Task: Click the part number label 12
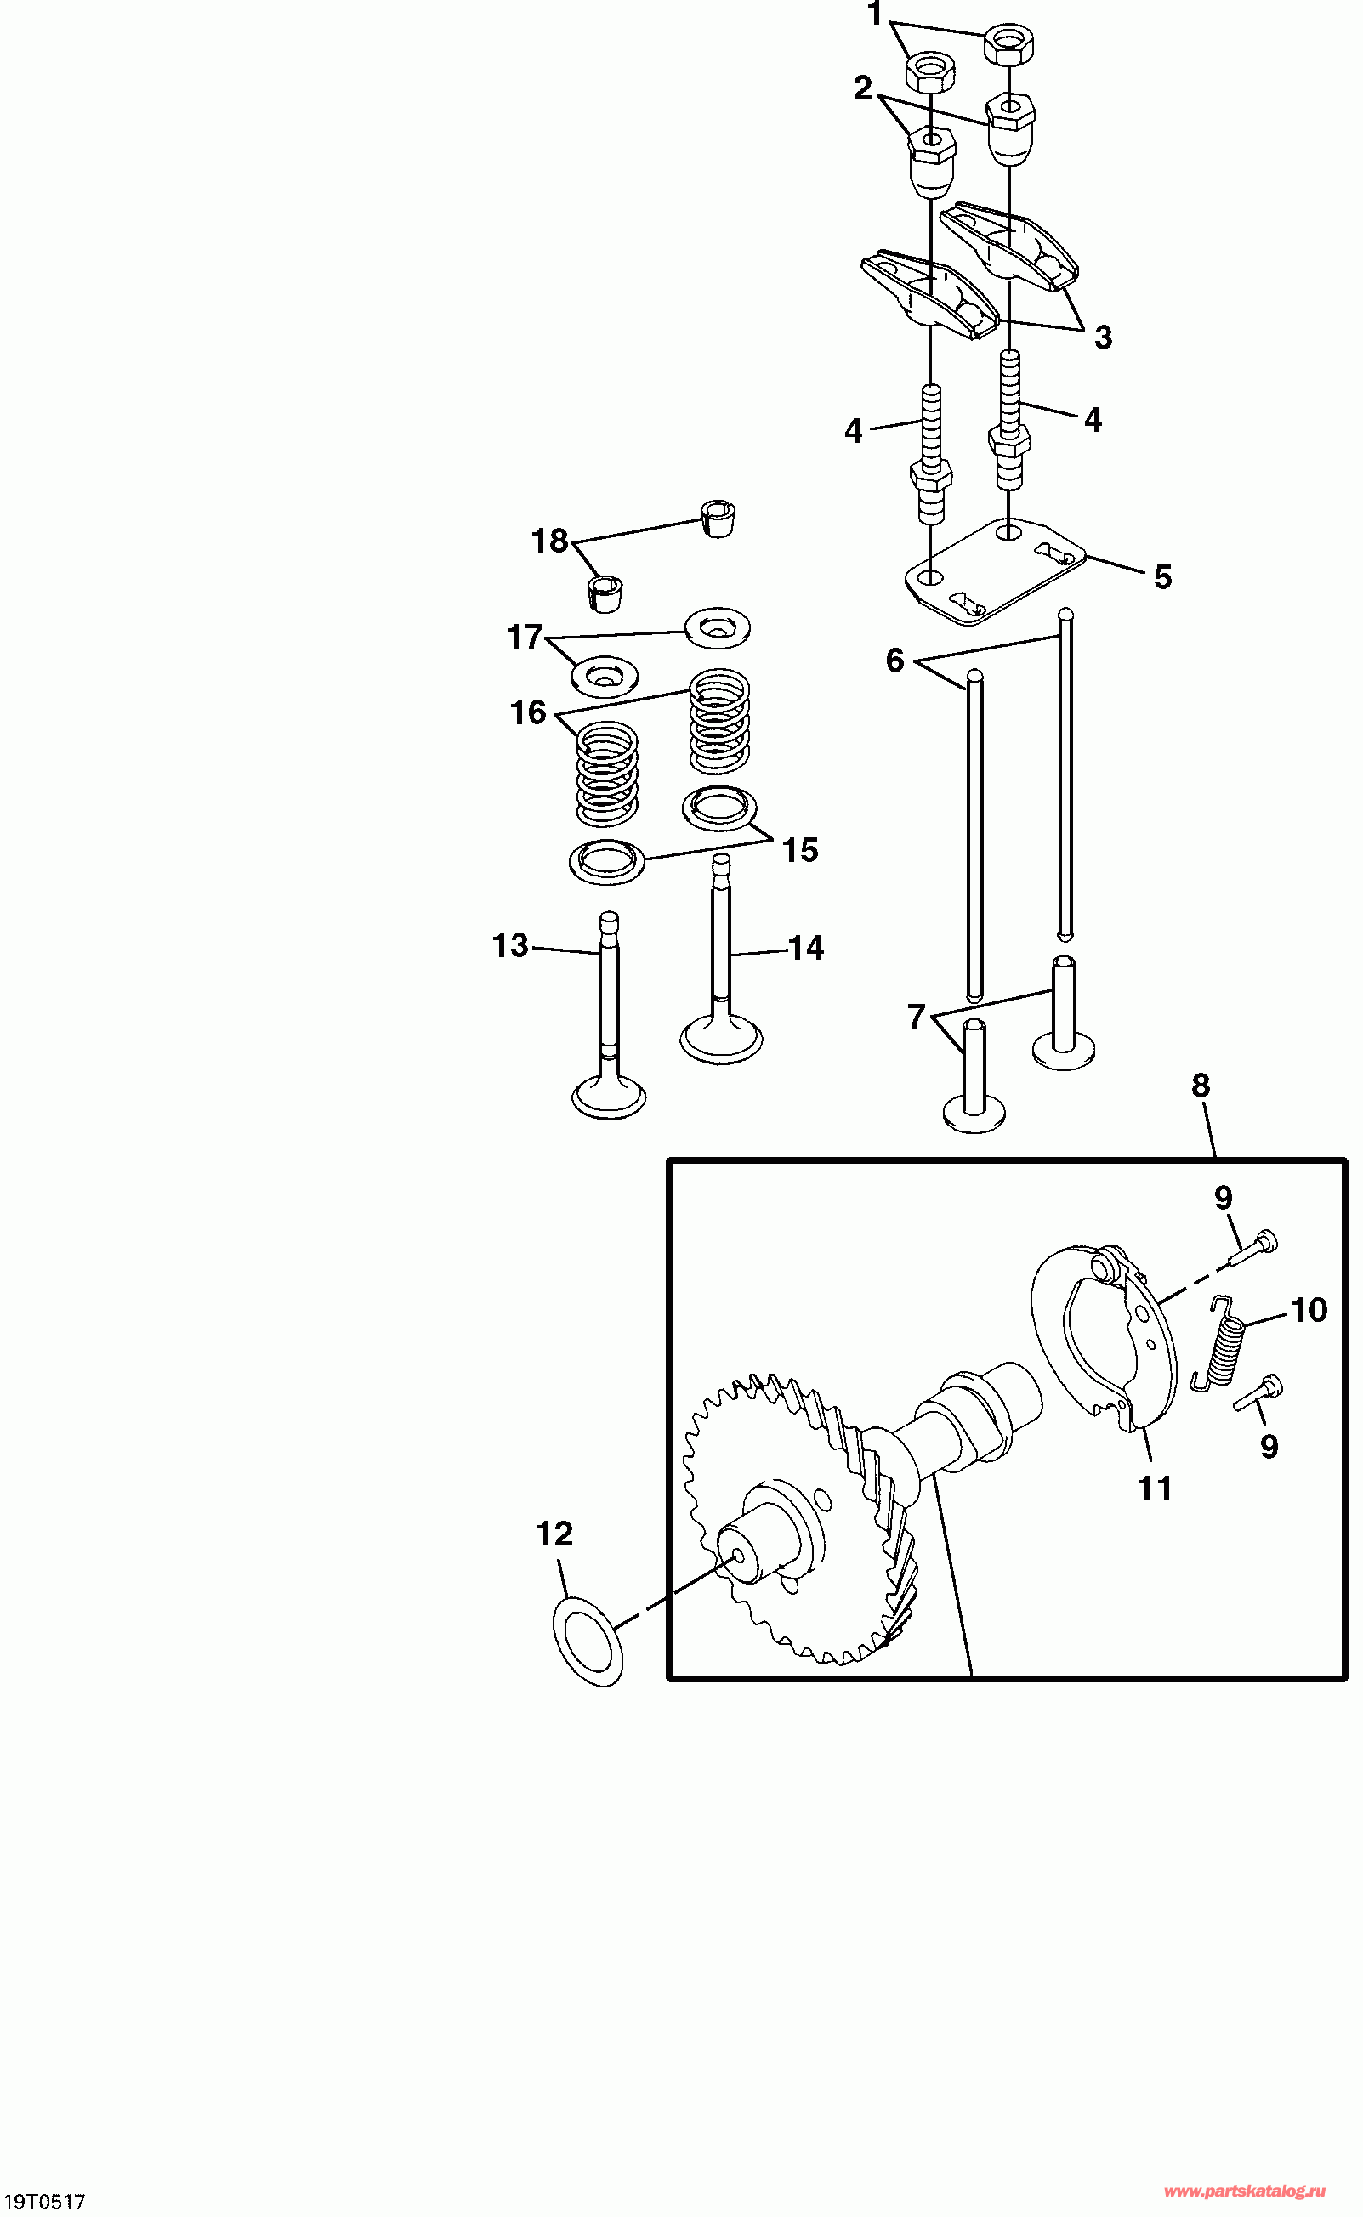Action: click(x=554, y=1534)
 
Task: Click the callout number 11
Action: click(x=1155, y=1488)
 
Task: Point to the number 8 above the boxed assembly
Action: click(x=1200, y=1086)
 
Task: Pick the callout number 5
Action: click(x=1163, y=578)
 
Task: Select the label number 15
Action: click(x=799, y=850)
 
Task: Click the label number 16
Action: click(x=528, y=713)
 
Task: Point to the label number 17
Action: click(x=525, y=638)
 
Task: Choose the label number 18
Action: click(x=550, y=541)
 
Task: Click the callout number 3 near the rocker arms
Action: click(x=1104, y=338)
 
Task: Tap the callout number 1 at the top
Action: click(x=873, y=15)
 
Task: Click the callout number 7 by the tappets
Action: click(x=917, y=1017)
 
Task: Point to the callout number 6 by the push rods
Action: click(x=894, y=661)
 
